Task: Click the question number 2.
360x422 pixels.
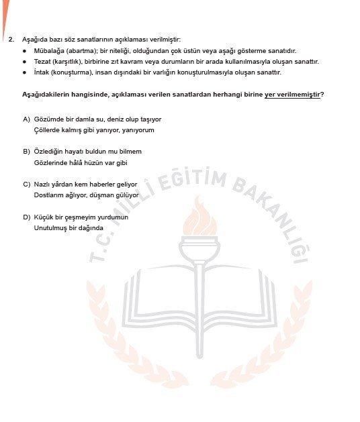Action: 11,40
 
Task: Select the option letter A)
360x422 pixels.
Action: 27,119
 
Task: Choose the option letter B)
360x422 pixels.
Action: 27,152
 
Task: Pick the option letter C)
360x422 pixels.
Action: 27,184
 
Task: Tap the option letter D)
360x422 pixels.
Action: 27,217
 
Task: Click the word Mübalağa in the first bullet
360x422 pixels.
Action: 47,51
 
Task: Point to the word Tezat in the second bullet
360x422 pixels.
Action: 42,62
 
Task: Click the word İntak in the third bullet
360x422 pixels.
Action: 42,72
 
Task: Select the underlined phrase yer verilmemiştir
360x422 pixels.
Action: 293,94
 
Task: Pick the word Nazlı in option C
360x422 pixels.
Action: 42,184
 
